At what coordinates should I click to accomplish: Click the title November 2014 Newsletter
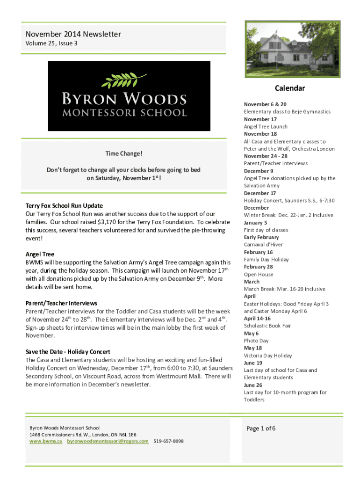[x=73, y=34]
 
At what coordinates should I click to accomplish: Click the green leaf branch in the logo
[x=124, y=80]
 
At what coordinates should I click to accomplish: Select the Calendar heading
[x=289, y=88]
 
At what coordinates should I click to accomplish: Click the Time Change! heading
[x=123, y=154]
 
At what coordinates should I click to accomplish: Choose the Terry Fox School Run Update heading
[x=64, y=206]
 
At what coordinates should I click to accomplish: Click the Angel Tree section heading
[x=40, y=254]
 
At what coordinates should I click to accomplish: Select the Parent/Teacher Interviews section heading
[x=61, y=303]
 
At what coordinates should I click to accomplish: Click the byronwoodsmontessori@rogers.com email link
[x=108, y=441]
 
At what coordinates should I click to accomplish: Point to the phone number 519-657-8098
[x=168, y=441]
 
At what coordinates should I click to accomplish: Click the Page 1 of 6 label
[x=261, y=428]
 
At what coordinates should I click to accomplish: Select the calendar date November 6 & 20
[x=265, y=104]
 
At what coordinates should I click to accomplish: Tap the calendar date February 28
[x=258, y=267]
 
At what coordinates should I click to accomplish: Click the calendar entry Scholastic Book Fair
[x=267, y=326]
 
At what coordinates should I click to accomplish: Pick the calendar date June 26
[x=253, y=385]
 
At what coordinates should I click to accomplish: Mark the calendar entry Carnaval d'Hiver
[x=263, y=245]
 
